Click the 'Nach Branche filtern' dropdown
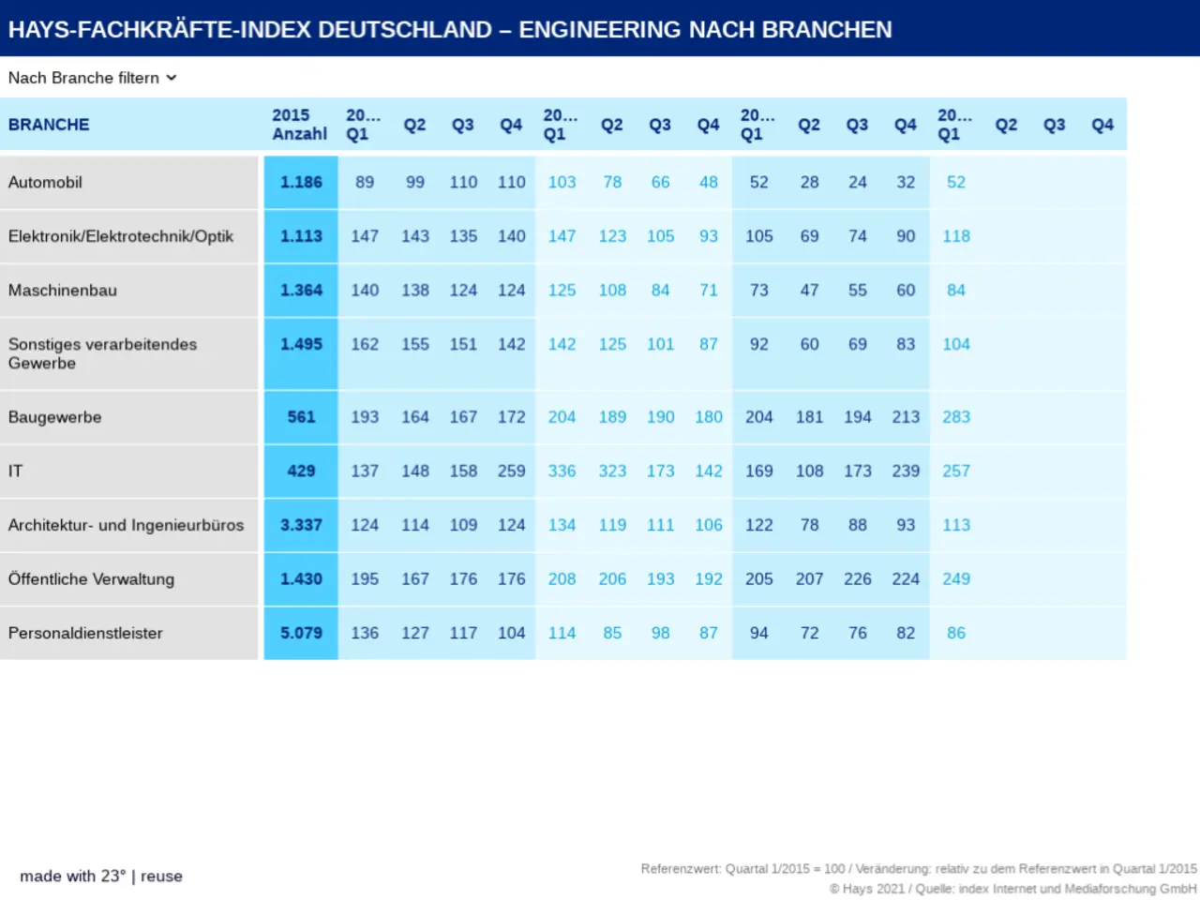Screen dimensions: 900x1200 pos(92,78)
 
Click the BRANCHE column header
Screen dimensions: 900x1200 pos(49,125)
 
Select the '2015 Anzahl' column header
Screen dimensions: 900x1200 pos(300,125)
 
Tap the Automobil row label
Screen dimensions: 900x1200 pos(45,182)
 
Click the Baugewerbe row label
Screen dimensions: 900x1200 pos(54,417)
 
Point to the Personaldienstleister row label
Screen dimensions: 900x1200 pos(85,633)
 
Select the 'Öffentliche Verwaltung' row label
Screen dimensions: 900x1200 pos(91,578)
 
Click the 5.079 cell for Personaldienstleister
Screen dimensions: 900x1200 pos(301,633)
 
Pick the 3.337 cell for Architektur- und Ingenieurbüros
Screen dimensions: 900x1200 pos(301,525)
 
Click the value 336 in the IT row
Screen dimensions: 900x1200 pos(562,471)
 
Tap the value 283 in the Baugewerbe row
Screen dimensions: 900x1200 pos(956,417)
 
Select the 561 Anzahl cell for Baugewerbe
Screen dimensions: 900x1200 pos(301,417)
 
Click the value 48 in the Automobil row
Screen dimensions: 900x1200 pos(709,182)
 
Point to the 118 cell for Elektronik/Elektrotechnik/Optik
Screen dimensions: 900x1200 pos(956,236)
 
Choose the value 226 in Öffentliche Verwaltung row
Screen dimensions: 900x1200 pos(858,578)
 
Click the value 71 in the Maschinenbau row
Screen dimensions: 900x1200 pos(709,291)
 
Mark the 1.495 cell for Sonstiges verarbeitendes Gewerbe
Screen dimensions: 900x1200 pos(301,344)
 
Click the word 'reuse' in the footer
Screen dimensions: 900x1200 pos(161,876)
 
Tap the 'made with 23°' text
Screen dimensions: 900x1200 pos(72,876)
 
